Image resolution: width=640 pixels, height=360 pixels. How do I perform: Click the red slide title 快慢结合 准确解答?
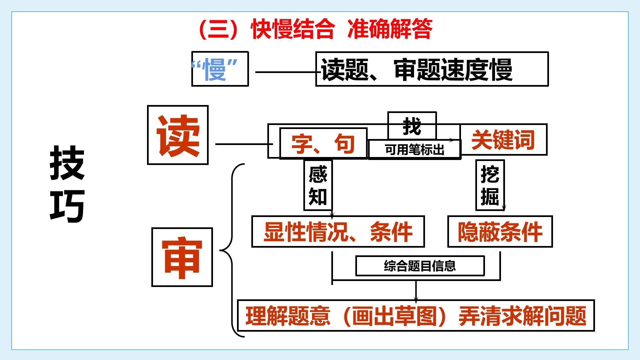tap(315, 29)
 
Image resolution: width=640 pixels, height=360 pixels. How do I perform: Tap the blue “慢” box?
tap(220, 69)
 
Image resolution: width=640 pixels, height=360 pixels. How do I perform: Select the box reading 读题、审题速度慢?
tap(431, 69)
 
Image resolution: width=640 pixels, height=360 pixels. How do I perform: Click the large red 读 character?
tap(178, 135)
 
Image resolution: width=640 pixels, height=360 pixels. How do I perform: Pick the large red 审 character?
tap(182, 257)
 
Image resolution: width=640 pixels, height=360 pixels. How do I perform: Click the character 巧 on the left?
tap(67, 206)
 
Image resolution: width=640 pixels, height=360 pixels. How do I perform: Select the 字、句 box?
tap(323, 144)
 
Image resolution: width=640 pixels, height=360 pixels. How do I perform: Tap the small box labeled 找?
tap(412, 126)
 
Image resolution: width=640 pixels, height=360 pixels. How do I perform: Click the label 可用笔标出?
tap(414, 150)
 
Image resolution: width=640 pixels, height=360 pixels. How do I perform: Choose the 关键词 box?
tap(503, 140)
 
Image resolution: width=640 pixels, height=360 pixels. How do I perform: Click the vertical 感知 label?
tap(318, 185)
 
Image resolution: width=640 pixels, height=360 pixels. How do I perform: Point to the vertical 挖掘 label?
tap(490, 185)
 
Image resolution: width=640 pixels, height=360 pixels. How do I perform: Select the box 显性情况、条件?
tap(338, 232)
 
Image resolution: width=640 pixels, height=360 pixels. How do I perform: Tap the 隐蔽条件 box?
tap(500, 232)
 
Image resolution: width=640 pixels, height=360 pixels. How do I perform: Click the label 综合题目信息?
tap(420, 266)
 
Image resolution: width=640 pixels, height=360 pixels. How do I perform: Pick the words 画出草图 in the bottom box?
tap(394, 316)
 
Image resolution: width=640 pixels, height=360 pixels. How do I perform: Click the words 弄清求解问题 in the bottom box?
tap(522, 316)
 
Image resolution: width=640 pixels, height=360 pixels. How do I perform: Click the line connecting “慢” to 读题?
tap(285, 72)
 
